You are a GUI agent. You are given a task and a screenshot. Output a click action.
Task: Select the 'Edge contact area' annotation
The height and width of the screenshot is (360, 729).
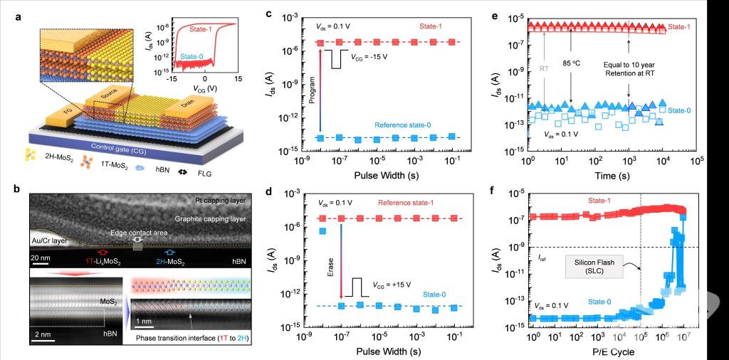tap(137, 232)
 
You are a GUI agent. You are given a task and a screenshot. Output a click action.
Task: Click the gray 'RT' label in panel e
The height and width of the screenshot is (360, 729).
tap(544, 69)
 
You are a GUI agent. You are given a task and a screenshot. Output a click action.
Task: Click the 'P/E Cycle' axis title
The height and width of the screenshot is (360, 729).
tap(609, 351)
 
